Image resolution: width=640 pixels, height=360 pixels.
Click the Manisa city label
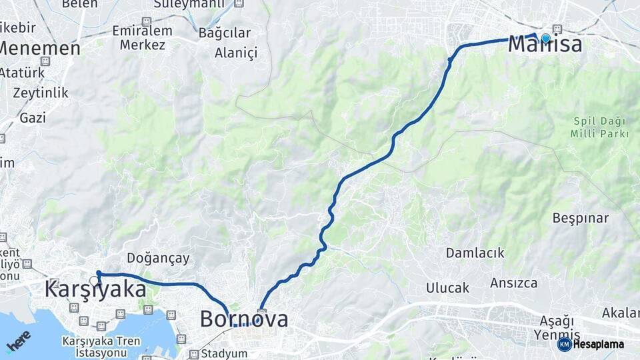[x=545, y=45]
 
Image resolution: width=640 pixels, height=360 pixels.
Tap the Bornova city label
[x=244, y=319]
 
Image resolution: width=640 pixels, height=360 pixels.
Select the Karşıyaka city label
[x=95, y=289]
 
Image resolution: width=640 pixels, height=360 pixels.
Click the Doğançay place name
[x=158, y=258]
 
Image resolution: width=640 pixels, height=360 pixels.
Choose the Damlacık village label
[x=475, y=253]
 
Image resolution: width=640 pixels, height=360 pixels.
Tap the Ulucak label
[x=447, y=288]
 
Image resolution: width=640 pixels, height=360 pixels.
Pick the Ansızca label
[x=513, y=283]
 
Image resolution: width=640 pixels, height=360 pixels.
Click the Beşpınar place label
[x=580, y=218]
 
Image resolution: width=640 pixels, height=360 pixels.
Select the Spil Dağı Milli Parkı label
[x=599, y=127]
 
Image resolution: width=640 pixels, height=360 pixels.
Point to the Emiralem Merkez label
[x=142, y=38]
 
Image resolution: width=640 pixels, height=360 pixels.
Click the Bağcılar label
[x=224, y=33]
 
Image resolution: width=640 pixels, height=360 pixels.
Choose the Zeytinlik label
[x=40, y=93]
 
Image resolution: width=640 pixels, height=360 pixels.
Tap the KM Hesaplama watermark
[x=591, y=344]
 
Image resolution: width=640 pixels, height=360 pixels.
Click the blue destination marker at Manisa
[x=546, y=38]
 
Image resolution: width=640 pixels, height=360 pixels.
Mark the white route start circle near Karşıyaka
[x=94, y=281]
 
